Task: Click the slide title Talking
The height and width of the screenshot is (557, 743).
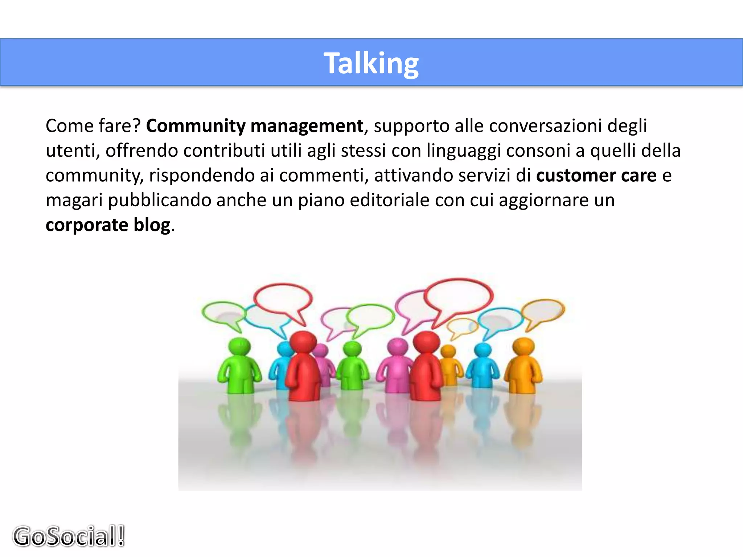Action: [371, 63]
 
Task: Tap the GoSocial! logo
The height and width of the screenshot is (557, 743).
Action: [69, 536]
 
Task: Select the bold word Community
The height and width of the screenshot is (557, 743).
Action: [196, 126]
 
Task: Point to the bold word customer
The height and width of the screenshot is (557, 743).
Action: [575, 176]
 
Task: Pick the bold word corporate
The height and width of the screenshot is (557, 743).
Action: [87, 225]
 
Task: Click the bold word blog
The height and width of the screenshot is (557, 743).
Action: [152, 225]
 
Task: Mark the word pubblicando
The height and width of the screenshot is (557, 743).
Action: [160, 201]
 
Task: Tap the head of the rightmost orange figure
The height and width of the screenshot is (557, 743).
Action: [524, 347]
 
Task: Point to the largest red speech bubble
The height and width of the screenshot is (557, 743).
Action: [459, 296]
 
